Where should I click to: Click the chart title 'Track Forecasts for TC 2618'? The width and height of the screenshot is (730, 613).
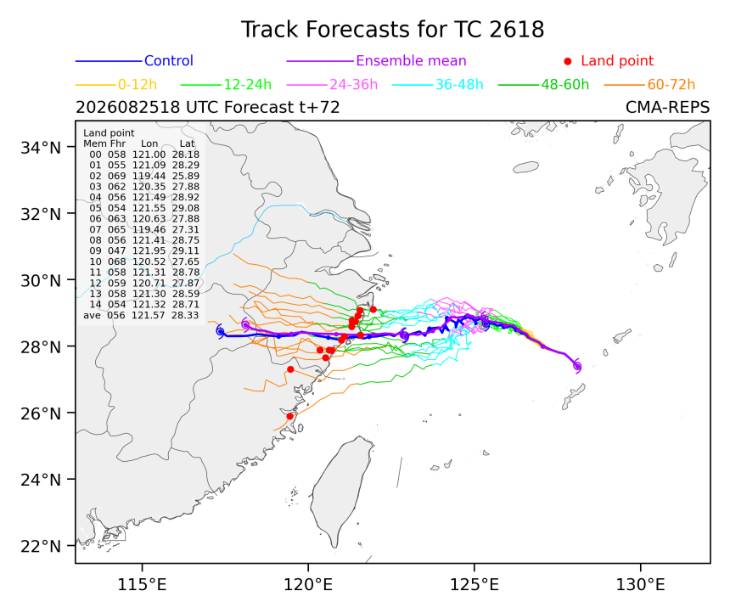(392, 30)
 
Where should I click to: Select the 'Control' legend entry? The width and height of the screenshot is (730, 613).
(169, 60)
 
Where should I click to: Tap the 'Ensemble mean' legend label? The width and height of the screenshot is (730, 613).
(411, 60)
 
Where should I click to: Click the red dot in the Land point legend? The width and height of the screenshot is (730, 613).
(568, 61)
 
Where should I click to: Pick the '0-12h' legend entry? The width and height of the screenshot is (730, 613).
(138, 84)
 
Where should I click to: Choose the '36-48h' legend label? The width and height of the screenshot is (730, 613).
(459, 84)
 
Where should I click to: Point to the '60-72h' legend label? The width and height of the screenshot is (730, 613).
(671, 84)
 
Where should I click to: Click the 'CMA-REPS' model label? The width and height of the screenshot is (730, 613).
(668, 107)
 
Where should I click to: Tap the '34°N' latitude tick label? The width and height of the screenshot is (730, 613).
(41, 148)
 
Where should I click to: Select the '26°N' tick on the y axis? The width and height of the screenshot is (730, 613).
(41, 413)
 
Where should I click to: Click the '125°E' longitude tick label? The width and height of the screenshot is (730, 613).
(474, 584)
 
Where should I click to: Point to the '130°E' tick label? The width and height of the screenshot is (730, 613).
(640, 584)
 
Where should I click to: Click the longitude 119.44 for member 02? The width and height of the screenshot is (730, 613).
(149, 176)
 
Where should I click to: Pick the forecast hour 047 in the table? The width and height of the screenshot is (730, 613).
(117, 250)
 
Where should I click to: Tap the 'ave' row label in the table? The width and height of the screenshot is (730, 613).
(93, 315)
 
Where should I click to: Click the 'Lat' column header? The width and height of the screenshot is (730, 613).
(187, 143)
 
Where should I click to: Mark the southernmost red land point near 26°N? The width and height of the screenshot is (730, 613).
(290, 416)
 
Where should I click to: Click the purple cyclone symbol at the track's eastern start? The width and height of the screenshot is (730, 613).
(577, 366)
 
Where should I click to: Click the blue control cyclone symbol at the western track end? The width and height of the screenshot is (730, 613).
(220, 331)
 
